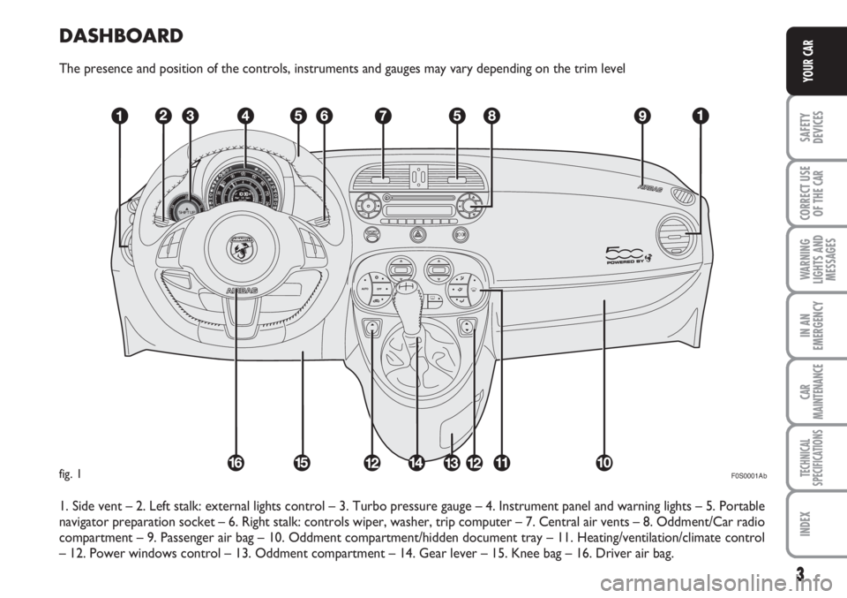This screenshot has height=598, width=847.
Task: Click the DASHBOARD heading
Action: [120, 36]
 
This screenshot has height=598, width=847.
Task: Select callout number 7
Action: [380, 115]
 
